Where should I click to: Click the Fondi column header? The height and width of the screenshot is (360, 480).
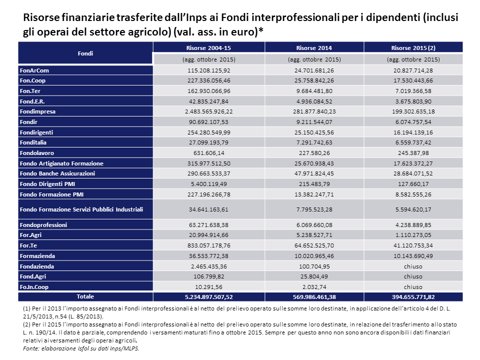click(x=85, y=53)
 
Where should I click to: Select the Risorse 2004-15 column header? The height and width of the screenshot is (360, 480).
click(x=208, y=48)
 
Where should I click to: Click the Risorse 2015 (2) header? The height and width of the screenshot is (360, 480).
click(x=413, y=48)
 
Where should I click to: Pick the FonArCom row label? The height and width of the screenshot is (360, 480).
click(x=34, y=70)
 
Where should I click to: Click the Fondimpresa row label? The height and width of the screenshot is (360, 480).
click(x=38, y=111)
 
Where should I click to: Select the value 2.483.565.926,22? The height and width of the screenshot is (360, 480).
click(x=208, y=111)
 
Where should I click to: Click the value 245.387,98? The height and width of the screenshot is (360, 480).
click(x=413, y=153)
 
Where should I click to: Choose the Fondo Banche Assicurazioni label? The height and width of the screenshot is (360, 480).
click(x=57, y=173)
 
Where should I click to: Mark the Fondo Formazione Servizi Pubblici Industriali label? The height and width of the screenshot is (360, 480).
click(x=81, y=209)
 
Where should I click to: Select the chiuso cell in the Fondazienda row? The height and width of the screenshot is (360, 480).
click(x=413, y=266)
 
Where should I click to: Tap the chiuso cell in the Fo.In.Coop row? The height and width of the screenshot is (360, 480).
click(x=413, y=287)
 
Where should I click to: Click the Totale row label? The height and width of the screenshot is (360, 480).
click(x=85, y=296)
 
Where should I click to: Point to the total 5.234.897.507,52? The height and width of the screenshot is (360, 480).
click(x=208, y=297)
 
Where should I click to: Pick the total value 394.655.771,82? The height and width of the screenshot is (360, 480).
click(x=413, y=297)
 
